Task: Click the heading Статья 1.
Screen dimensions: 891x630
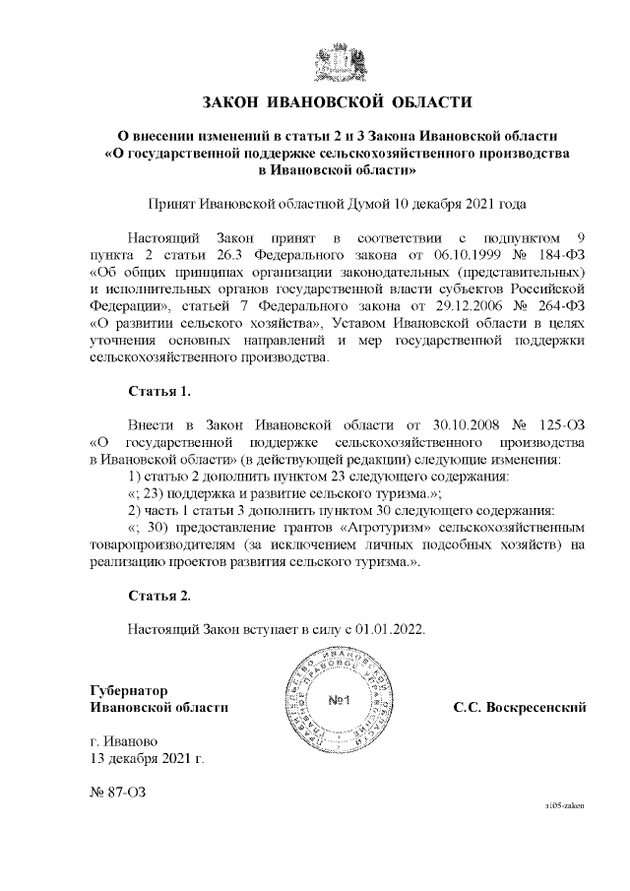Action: [x=158, y=391]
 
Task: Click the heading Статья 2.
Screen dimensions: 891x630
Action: [x=158, y=596]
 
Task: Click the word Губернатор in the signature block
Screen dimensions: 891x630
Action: [x=129, y=690]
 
